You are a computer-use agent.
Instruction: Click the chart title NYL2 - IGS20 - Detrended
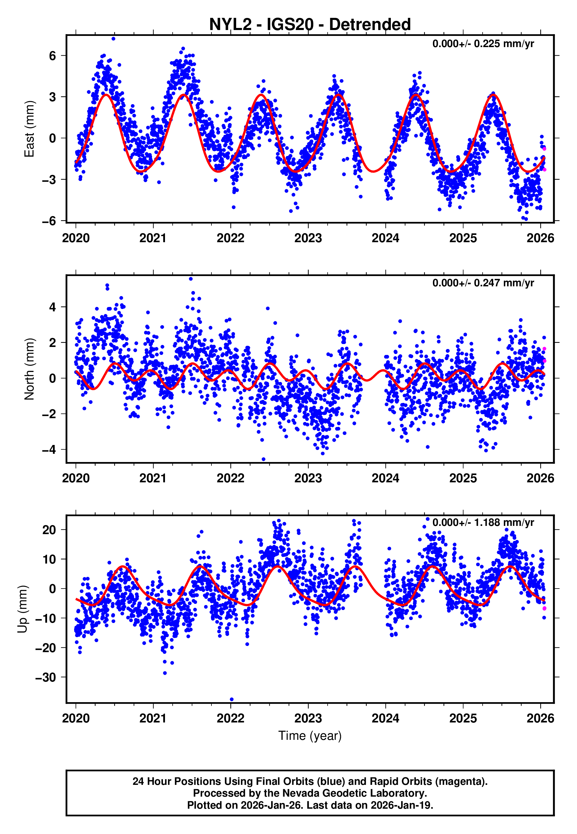[310, 25]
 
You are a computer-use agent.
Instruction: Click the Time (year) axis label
[310, 736]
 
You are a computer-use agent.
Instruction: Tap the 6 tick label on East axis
[53, 56]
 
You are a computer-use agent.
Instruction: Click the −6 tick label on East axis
[49, 221]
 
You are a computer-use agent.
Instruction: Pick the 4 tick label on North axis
[53, 307]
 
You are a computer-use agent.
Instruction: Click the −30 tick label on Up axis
[46, 677]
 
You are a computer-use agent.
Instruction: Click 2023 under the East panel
[308, 238]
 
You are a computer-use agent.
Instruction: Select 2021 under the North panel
[153, 479]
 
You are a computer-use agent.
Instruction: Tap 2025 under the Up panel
[463, 718]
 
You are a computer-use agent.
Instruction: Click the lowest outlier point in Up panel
[232, 700]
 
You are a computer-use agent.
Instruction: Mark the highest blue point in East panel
[114, 39]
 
